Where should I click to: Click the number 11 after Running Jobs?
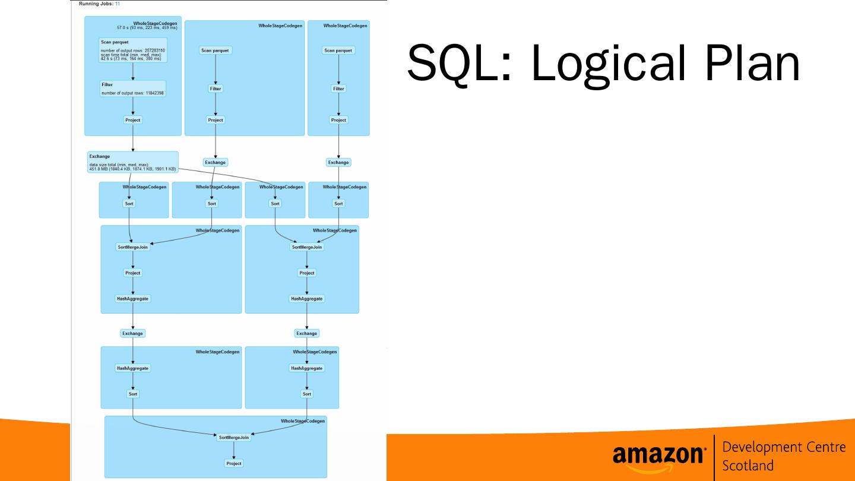point(118,4)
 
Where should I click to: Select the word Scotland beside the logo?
point(748,465)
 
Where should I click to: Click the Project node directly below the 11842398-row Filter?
point(132,120)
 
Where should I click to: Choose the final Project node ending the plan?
point(234,463)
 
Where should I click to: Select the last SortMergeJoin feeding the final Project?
point(234,437)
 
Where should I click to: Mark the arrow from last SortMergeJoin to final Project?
point(234,451)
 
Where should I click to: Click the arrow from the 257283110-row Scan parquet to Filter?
point(133,71)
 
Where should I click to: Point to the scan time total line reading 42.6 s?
point(131,59)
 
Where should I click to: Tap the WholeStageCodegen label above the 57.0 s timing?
point(155,23)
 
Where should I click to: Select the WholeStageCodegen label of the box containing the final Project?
point(303,420)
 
